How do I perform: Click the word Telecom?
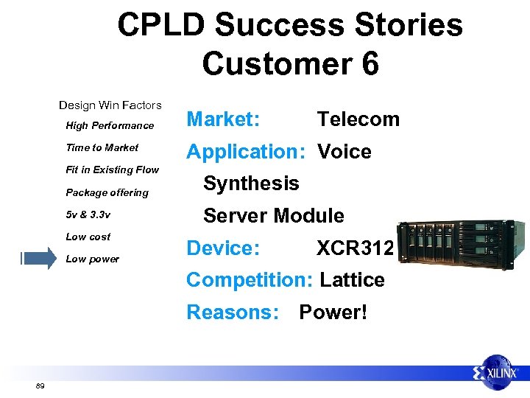358,119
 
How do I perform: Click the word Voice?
344,152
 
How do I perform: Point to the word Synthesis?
251,184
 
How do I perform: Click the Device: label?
223,248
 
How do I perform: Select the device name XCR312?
356,248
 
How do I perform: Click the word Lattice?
352,280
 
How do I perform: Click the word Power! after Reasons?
333,313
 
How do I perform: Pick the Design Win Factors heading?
110,105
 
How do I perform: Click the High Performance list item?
110,125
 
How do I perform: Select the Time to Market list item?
102,147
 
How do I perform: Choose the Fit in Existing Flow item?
112,170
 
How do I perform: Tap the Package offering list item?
107,192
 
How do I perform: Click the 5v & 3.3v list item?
88,214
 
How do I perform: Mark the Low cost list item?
88,237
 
